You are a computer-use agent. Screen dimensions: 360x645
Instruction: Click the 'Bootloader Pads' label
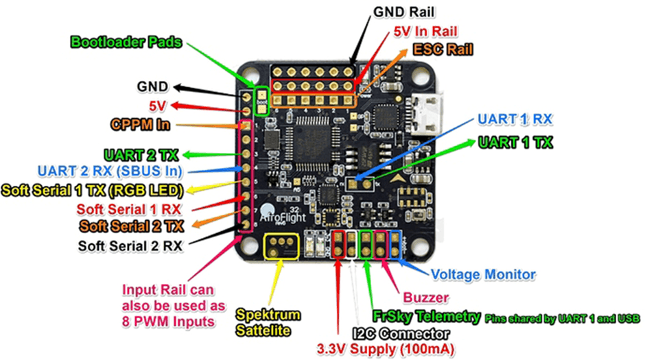click(x=126, y=42)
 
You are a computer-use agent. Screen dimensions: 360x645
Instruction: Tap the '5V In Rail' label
click(x=425, y=32)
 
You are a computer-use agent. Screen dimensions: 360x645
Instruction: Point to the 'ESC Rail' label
click(x=443, y=50)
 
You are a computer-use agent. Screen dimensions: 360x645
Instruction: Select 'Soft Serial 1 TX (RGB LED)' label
click(x=92, y=189)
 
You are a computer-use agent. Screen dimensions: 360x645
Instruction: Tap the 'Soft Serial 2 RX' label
click(x=130, y=245)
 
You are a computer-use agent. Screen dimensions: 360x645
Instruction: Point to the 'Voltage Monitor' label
click(x=483, y=274)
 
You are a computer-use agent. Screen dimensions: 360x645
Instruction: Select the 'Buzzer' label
click(x=425, y=298)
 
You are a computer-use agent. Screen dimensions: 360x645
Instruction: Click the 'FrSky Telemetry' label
click(x=425, y=316)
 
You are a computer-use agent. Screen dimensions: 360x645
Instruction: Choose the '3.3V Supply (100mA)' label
click(x=386, y=349)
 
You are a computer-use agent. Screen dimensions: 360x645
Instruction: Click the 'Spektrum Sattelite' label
click(x=268, y=322)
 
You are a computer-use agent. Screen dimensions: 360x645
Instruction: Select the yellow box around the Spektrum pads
click(x=281, y=246)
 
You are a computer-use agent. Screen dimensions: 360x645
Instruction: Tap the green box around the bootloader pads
click(x=261, y=101)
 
